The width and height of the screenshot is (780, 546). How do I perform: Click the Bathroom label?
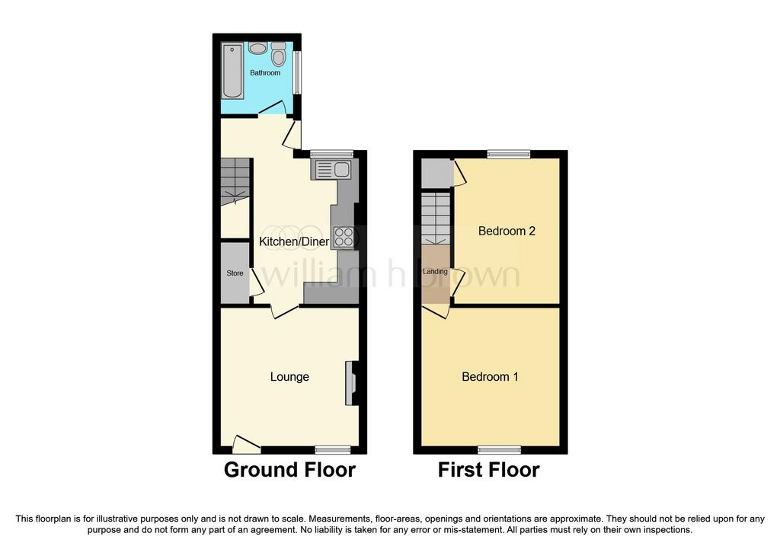264,72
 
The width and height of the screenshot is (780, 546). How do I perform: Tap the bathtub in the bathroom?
232,71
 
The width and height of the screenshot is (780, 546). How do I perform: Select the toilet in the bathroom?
279,55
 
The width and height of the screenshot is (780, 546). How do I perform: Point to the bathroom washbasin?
257,48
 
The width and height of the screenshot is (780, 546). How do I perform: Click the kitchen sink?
331,169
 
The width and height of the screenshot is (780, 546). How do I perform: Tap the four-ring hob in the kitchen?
344,237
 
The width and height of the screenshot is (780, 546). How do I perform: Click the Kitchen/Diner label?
294,241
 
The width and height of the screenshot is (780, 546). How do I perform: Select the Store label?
235,273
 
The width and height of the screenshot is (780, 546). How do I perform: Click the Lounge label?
289,377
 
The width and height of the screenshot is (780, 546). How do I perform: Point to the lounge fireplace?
351,382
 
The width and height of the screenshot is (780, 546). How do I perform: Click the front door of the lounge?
247,445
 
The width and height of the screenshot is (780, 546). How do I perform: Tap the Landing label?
435,272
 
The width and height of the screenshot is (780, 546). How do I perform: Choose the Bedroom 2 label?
507,231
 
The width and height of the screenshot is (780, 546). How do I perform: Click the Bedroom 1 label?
490,376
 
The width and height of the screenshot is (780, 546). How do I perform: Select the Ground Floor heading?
289,470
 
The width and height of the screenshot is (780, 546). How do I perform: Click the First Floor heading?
488,470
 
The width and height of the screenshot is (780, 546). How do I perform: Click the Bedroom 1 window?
500,450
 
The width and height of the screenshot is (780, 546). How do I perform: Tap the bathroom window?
297,72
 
